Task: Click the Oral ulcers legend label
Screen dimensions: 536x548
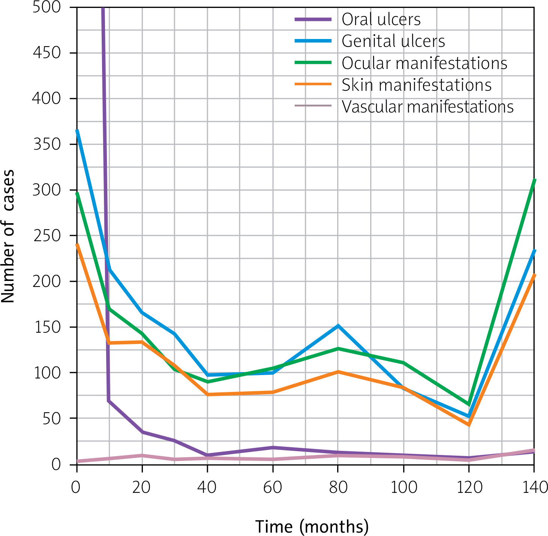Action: tap(381, 20)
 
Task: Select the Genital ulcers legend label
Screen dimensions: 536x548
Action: tap(393, 41)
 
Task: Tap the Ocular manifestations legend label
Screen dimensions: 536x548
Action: tap(424, 63)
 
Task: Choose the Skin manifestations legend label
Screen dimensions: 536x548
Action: tap(416, 85)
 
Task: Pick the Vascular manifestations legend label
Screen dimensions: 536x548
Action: tap(427, 107)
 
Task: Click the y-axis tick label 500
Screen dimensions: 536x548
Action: tap(47, 7)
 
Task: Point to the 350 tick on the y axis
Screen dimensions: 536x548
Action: tap(47, 144)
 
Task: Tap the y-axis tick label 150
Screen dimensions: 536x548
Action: tap(47, 327)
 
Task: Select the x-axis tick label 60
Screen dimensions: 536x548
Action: tap(273, 487)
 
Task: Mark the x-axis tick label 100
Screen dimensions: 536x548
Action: tap(404, 487)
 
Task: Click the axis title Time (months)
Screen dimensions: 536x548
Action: tap(312, 526)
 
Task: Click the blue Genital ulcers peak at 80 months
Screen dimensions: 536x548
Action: tap(338, 326)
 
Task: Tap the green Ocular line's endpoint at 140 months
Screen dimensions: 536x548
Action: tap(534, 180)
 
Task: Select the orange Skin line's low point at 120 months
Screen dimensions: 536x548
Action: tap(468, 425)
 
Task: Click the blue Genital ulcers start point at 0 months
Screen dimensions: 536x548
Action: tap(77, 131)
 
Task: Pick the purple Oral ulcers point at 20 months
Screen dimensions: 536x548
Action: tap(142, 432)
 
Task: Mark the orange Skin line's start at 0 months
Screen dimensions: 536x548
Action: tap(77, 245)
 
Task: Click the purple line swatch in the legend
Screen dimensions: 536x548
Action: tap(313, 20)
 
